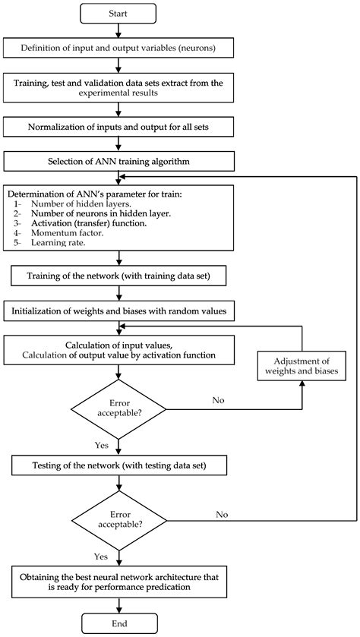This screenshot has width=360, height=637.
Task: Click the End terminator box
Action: pos(118,623)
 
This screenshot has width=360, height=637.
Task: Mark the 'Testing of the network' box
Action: pos(118,464)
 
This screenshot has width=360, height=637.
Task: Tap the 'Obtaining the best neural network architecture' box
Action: pos(118,582)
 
